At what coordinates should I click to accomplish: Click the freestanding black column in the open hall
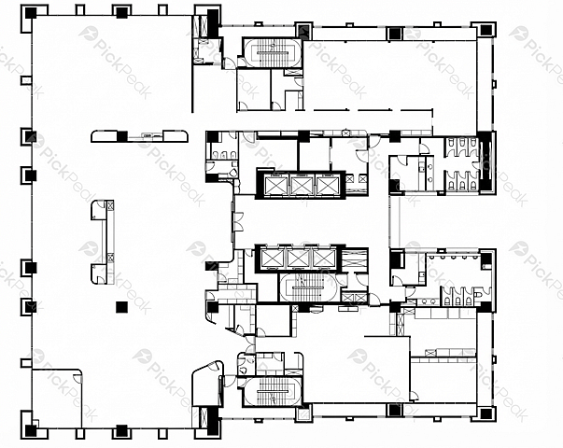pyautogui.click(x=121, y=307)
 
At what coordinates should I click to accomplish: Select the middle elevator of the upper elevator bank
pyautogui.click(x=301, y=185)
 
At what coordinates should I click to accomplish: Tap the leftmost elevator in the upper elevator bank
pyautogui.click(x=275, y=185)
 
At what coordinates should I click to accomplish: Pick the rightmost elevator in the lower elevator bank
pyautogui.click(x=324, y=259)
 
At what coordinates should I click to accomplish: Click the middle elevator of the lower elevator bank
pyautogui.click(x=299, y=259)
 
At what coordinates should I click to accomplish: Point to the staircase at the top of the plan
pyautogui.click(x=273, y=52)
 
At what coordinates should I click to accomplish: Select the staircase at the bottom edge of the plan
pyautogui.click(x=273, y=391)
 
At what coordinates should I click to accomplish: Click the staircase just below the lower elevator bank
pyautogui.click(x=308, y=287)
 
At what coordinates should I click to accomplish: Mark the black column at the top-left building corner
pyautogui.click(x=31, y=13)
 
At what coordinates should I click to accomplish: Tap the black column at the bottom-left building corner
pyautogui.click(x=31, y=430)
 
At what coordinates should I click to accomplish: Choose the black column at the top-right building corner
pyautogui.click(x=486, y=30)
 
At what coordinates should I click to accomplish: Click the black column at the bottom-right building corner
pyautogui.click(x=486, y=413)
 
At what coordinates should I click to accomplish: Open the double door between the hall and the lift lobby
pyautogui.click(x=238, y=222)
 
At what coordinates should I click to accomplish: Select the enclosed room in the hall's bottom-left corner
pyautogui.click(x=57, y=399)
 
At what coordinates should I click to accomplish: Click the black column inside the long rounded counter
pyautogui.click(x=122, y=136)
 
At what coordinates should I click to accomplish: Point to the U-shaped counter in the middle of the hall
pyautogui.click(x=103, y=243)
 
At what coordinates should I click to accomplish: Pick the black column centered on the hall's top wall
pyautogui.click(x=121, y=12)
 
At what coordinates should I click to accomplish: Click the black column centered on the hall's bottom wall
pyautogui.click(x=121, y=431)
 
